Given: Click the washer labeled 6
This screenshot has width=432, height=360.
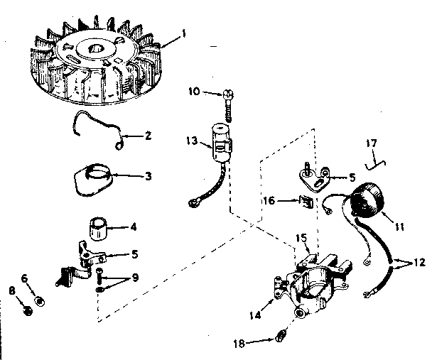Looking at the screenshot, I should (x=40, y=301).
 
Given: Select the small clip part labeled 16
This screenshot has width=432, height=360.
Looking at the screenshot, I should (x=306, y=202).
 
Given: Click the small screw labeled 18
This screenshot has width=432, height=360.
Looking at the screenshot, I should (x=281, y=334).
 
